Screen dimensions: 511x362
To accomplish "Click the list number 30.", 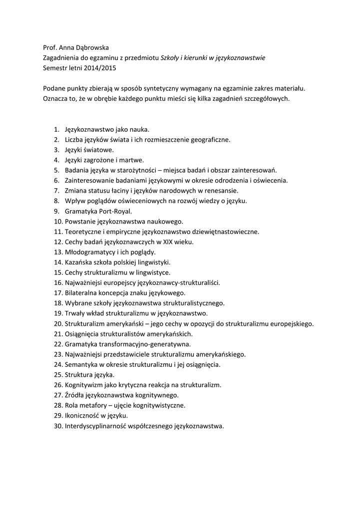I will (57, 426).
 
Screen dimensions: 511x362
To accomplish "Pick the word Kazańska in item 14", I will (79, 262).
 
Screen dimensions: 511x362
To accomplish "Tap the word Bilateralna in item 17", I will (82, 293).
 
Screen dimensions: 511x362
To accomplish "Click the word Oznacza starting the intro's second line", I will (56, 99).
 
